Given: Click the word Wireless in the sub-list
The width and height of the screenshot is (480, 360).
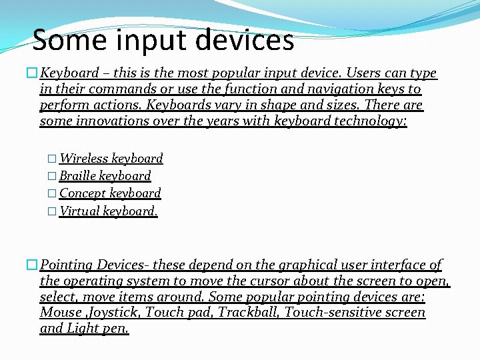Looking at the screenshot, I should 84,159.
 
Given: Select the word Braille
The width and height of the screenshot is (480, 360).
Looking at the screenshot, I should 78,176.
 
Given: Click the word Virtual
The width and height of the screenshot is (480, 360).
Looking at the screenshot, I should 80,211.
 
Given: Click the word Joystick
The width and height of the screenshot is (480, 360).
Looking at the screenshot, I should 114,313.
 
